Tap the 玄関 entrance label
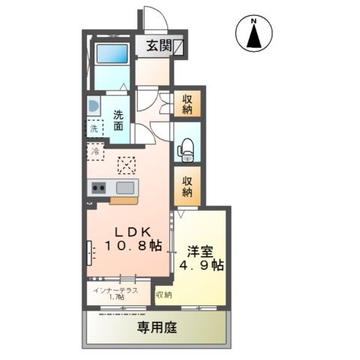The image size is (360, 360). click(x=157, y=46)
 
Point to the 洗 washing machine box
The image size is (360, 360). click(x=94, y=129)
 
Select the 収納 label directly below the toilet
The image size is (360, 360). click(x=187, y=185)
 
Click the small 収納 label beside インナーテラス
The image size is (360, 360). click(x=164, y=295)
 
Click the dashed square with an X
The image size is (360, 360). click(x=124, y=164)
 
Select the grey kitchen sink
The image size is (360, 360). click(x=124, y=187)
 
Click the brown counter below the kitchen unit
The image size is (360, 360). click(x=124, y=200)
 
